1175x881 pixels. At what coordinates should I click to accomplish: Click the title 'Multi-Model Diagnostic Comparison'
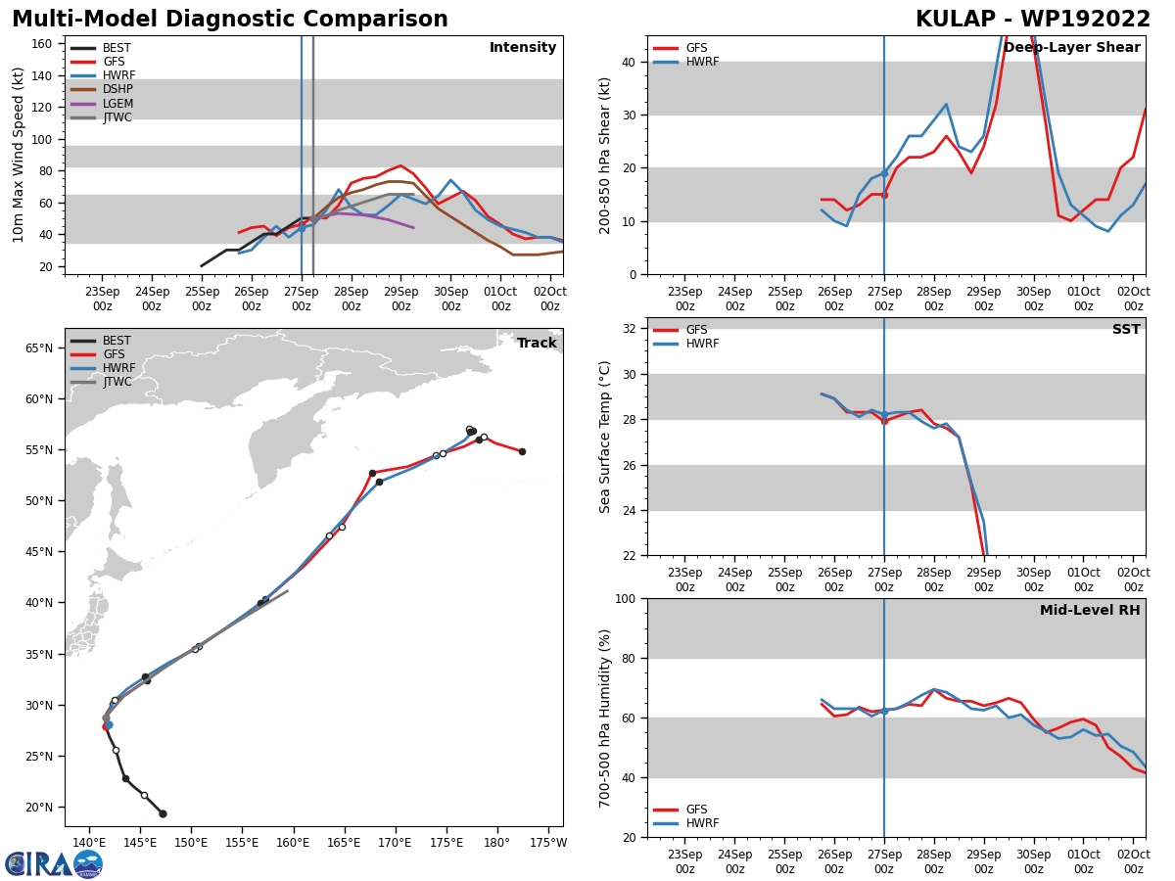[x=230, y=20]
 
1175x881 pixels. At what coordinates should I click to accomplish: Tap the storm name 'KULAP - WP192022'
[x=1033, y=20]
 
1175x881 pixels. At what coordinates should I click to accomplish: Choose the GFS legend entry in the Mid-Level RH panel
[x=696, y=810]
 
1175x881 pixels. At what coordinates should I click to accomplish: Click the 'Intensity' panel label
[x=523, y=48]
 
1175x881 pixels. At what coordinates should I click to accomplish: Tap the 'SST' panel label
[x=1126, y=330]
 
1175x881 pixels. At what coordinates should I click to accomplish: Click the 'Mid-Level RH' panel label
[x=1090, y=611]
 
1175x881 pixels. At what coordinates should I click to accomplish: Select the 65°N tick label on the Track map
[x=39, y=348]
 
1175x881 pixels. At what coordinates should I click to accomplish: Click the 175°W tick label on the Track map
[x=547, y=843]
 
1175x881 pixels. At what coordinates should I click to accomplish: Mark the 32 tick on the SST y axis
[x=631, y=329]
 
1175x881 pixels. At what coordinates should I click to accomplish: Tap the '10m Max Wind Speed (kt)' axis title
[x=19, y=155]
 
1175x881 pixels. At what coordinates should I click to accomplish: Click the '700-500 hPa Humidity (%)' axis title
[x=606, y=718]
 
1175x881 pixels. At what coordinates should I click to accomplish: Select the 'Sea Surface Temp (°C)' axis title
[x=606, y=437]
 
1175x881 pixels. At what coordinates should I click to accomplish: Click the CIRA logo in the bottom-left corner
[x=54, y=863]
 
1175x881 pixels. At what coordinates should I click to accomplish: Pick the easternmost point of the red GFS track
[x=522, y=451]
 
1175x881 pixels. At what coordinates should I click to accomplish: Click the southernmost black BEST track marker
[x=163, y=813]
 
